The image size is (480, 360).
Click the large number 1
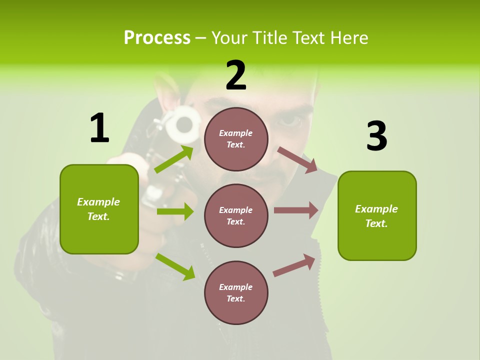click(99, 128)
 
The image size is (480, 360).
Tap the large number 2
click(236, 75)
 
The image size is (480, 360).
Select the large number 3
click(377, 136)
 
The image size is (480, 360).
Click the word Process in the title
click(157, 38)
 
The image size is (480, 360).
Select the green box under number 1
click(99, 209)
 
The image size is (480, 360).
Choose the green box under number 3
click(377, 215)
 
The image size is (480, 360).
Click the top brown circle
click(236, 139)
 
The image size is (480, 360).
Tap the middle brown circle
click(236, 215)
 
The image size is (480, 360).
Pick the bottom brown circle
click(236, 292)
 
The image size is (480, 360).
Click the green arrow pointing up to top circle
click(174, 159)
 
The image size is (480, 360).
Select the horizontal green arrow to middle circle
click(175, 211)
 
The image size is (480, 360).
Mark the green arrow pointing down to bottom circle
click(175, 266)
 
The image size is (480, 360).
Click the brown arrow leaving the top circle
click(297, 159)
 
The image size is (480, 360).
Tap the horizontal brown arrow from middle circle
click(296, 210)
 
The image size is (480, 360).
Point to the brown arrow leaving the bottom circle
click(294, 265)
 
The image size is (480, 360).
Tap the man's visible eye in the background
click(291, 120)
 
